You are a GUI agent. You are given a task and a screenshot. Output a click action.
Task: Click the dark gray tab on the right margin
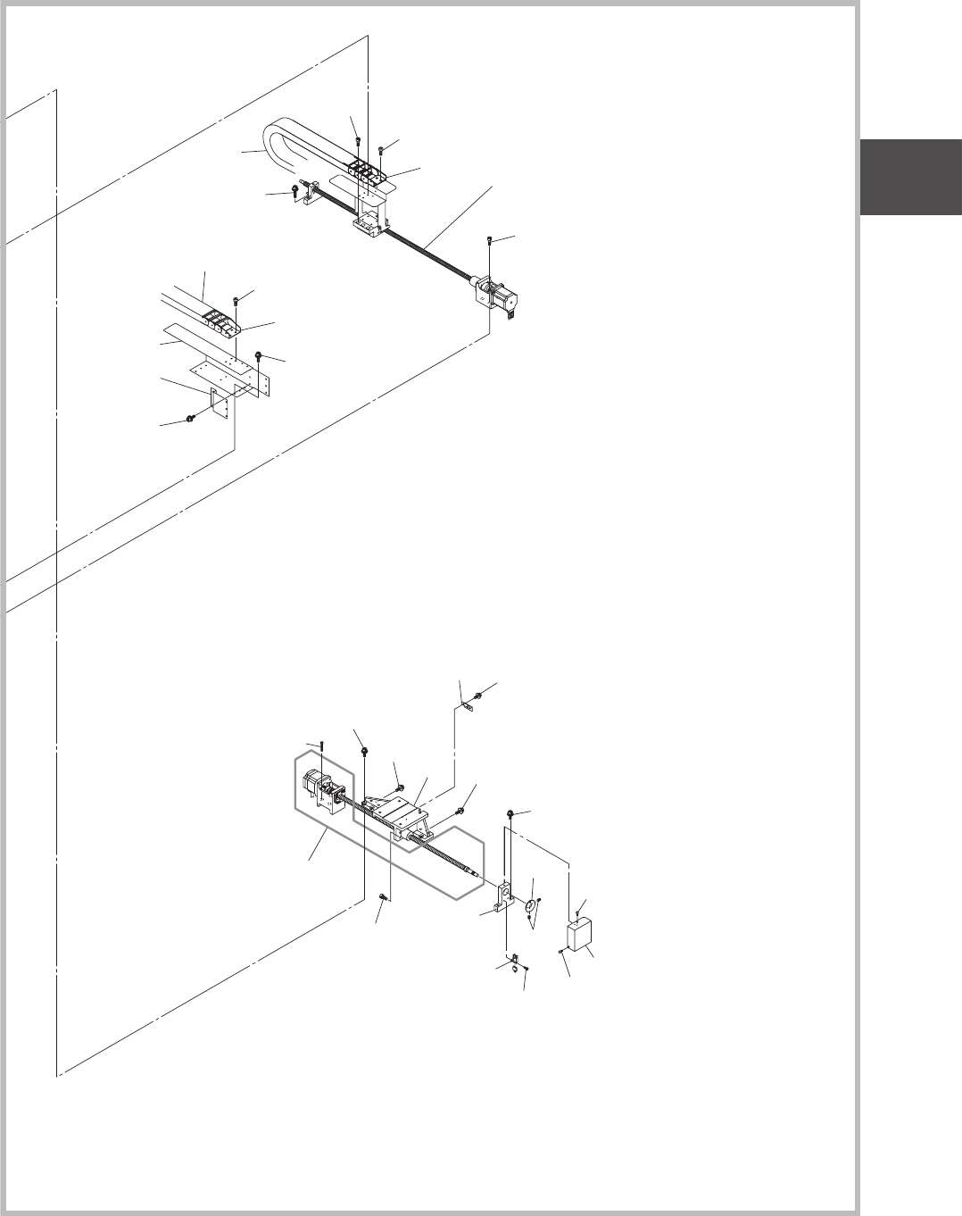pyautogui.click(x=910, y=178)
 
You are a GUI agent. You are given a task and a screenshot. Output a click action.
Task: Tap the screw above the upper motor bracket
pyautogui.click(x=490, y=240)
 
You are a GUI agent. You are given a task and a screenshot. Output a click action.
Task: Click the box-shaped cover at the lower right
pyautogui.click(x=581, y=938)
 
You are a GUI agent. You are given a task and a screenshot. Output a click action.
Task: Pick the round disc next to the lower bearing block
pyautogui.click(x=529, y=907)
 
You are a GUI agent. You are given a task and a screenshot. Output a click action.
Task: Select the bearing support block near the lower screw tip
pyautogui.click(x=505, y=895)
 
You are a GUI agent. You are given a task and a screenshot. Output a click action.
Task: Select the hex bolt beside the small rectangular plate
pyautogui.click(x=191, y=418)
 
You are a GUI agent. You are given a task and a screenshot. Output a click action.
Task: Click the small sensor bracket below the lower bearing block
pyautogui.click(x=516, y=962)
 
